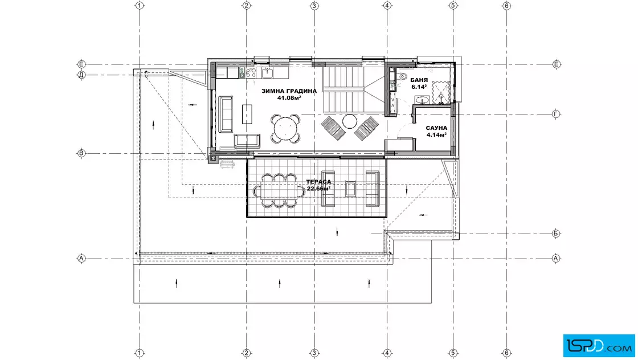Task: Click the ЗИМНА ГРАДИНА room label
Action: (x=289, y=91)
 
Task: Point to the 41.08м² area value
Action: (x=289, y=97)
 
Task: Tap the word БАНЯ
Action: (x=419, y=80)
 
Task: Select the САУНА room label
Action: (x=436, y=128)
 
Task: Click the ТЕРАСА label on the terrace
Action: (x=318, y=182)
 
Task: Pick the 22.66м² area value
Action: (x=318, y=189)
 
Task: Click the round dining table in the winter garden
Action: (x=285, y=129)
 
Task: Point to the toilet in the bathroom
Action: (x=402, y=76)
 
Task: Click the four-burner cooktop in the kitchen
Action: (x=251, y=73)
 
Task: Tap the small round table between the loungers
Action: (x=350, y=121)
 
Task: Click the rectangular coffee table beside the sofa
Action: (x=247, y=114)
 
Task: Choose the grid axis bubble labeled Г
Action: (x=556, y=114)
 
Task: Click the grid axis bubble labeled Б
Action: (x=556, y=234)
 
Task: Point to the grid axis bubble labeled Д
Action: (x=81, y=75)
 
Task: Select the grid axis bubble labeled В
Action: (x=81, y=153)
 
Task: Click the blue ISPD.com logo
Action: (x=599, y=346)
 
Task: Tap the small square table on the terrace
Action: (x=350, y=189)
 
